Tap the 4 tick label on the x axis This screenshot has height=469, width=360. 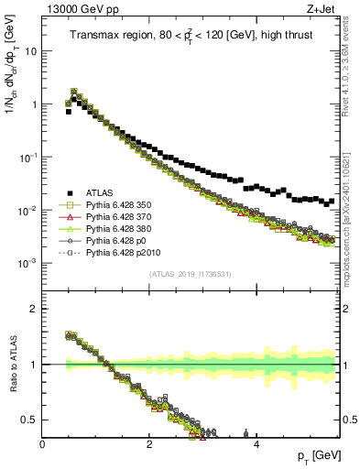click(256, 443)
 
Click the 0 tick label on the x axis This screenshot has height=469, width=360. click(42, 443)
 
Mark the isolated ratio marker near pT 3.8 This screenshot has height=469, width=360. click(245, 433)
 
